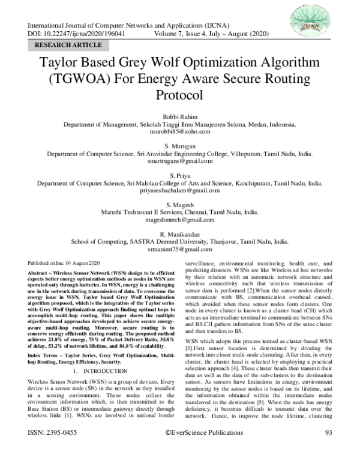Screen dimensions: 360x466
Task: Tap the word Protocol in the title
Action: point(180,95)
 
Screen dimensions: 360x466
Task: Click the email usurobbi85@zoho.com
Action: point(180,131)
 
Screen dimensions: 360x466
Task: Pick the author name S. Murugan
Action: point(180,147)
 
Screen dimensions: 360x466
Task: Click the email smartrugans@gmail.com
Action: point(180,161)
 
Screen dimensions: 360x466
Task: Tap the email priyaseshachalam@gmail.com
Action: point(180,190)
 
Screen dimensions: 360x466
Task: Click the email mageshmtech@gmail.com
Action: point(180,220)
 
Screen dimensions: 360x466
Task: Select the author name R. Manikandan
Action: point(180,234)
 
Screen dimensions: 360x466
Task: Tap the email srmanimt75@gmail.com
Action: point(180,249)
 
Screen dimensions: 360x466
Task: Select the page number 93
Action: point(328,449)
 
